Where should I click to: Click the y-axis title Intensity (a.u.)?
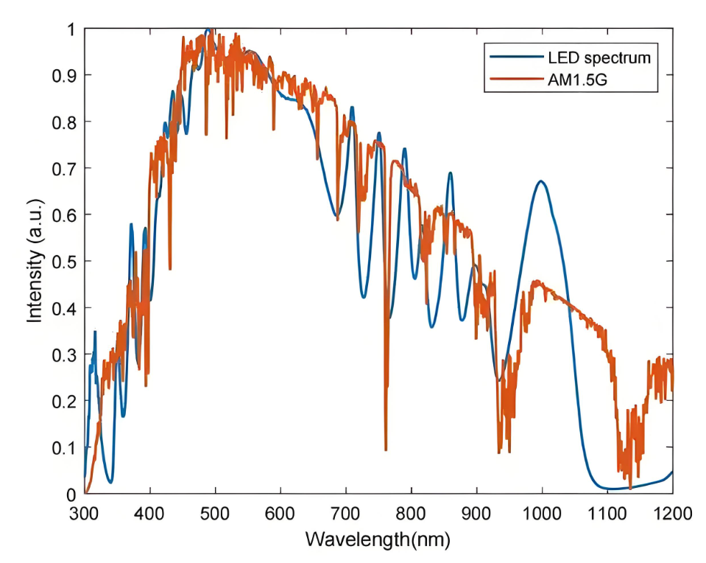(34, 261)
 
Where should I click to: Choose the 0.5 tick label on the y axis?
(65, 262)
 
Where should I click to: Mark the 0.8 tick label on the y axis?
(65, 122)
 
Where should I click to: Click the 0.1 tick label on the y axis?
(65, 447)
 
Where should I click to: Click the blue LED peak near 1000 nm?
(541, 181)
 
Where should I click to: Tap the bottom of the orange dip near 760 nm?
(386, 449)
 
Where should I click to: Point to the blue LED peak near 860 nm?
(450, 173)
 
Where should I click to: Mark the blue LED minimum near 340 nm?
(110, 483)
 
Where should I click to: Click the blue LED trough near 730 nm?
(364, 297)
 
